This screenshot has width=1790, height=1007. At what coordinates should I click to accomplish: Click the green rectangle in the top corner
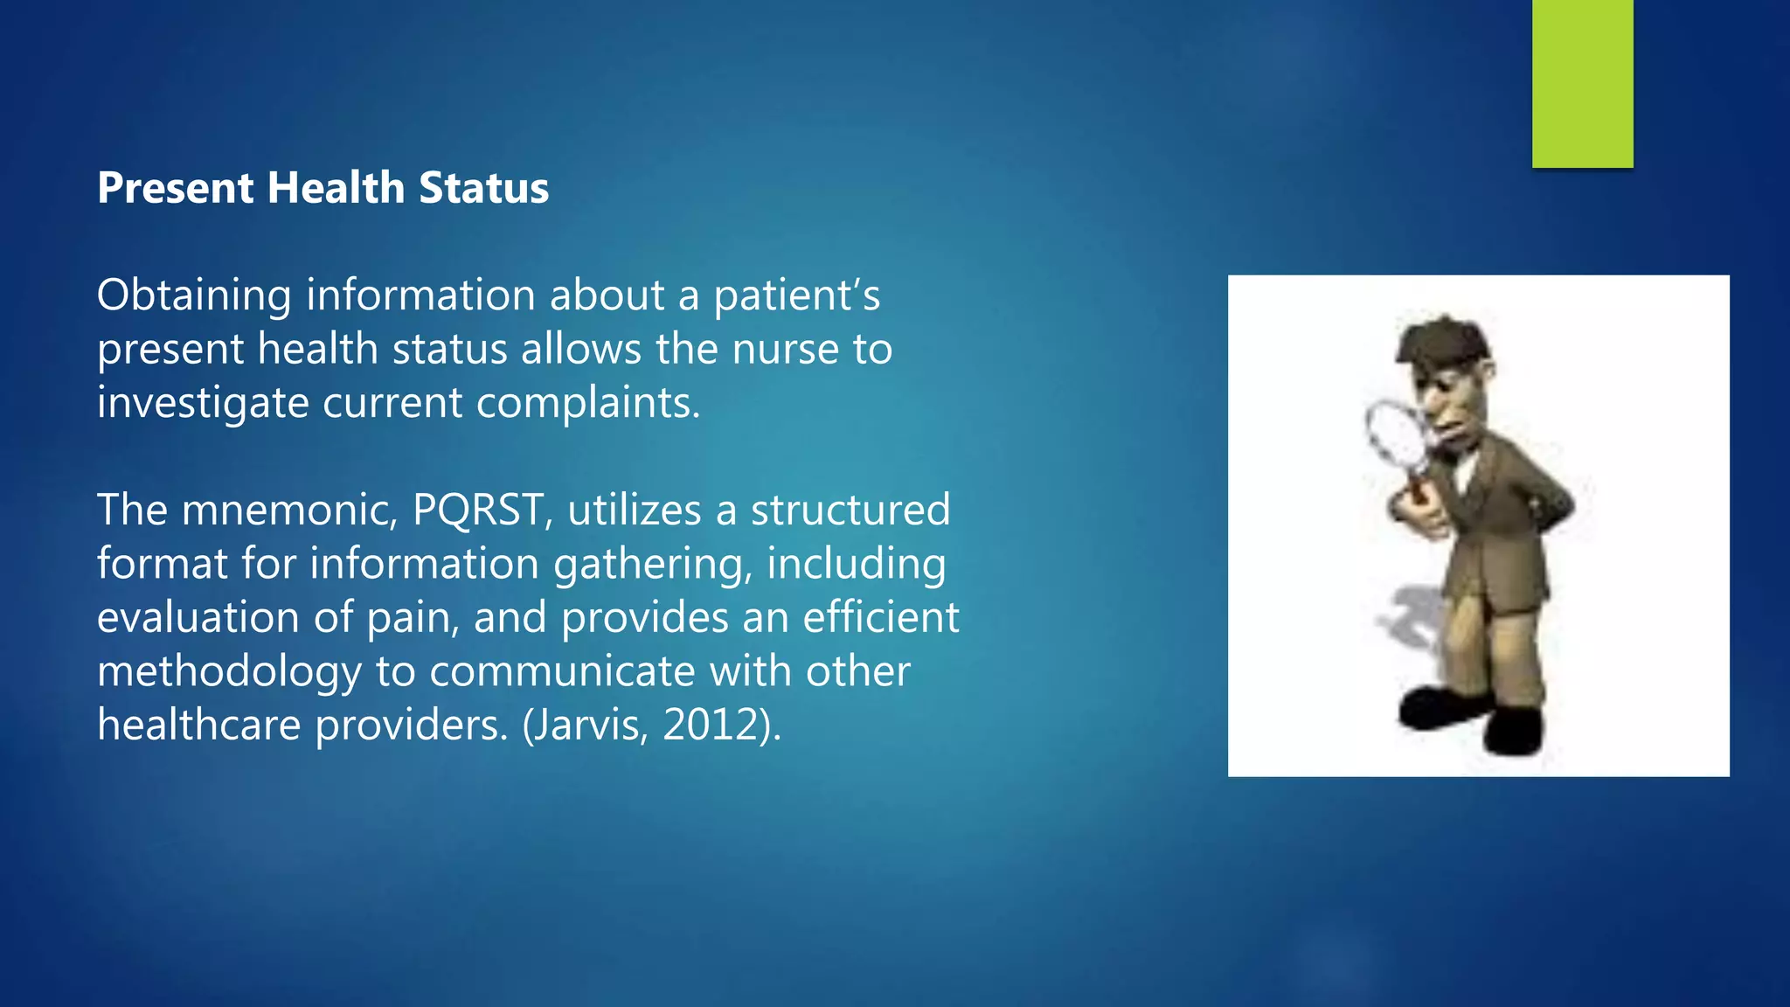pyautogui.click(x=1582, y=83)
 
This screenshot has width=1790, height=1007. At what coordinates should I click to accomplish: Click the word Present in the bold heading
pyautogui.click(x=176, y=188)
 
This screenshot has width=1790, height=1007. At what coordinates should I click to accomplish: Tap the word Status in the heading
pyautogui.click(x=483, y=188)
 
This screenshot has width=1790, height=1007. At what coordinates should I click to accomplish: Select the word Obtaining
pyautogui.click(x=194, y=295)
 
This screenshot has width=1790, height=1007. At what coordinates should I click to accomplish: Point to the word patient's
pyautogui.click(x=796, y=295)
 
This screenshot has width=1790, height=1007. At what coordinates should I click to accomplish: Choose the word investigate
pyautogui.click(x=203, y=403)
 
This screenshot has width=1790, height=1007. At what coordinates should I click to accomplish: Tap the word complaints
pyautogui.click(x=588, y=403)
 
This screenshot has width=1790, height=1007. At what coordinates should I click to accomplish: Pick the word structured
pyautogui.click(x=850, y=510)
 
